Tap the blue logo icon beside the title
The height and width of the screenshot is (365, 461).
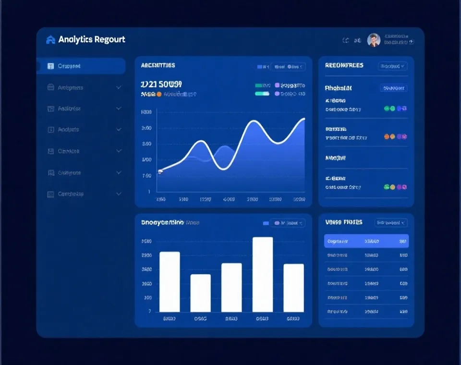click(x=50, y=39)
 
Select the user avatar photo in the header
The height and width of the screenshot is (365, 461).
click(x=374, y=40)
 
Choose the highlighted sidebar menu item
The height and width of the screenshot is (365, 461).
click(x=81, y=66)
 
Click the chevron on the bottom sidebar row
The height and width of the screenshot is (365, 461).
click(x=119, y=194)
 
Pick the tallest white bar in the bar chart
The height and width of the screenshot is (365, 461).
click(x=263, y=274)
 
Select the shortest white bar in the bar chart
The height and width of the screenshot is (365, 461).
click(x=200, y=293)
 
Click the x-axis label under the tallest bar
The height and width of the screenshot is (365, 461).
click(x=262, y=318)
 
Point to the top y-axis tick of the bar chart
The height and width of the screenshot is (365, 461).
click(x=146, y=241)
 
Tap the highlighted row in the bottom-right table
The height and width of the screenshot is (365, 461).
click(x=366, y=241)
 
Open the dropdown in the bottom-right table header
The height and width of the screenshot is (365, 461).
click(x=391, y=223)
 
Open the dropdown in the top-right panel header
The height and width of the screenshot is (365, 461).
click(x=392, y=66)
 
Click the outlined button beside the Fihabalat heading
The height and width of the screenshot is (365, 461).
click(x=394, y=88)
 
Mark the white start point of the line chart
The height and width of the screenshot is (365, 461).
click(x=160, y=171)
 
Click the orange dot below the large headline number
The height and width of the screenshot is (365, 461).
click(x=159, y=95)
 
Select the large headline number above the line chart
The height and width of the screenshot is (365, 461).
click(x=161, y=85)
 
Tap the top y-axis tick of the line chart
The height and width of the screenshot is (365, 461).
click(x=146, y=112)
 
